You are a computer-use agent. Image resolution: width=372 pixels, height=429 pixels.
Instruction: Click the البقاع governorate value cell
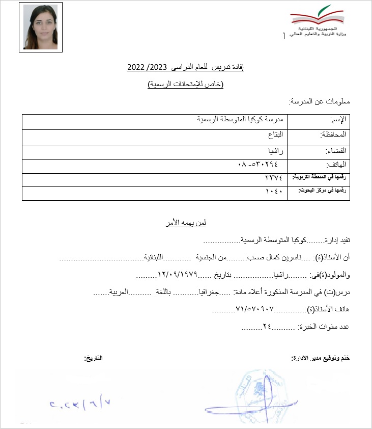(274, 135)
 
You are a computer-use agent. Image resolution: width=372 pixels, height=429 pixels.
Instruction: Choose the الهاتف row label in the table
(336, 165)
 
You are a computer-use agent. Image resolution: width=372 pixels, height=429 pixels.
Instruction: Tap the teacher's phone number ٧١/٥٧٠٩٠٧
(255, 309)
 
